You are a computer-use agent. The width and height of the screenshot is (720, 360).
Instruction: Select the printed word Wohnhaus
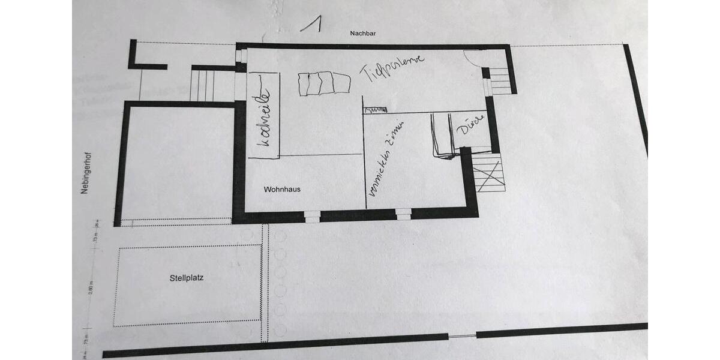point(282,190)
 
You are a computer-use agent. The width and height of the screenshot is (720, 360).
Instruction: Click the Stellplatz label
point(187,278)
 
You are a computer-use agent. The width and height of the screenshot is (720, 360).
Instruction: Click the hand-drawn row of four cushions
point(323,83)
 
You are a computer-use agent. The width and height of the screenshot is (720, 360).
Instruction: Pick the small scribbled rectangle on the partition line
point(376,109)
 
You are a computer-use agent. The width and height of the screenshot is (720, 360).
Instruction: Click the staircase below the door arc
point(499,80)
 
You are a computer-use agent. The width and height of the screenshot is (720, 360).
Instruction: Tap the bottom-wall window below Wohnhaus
point(312,215)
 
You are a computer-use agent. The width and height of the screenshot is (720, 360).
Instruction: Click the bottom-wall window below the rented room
point(404,213)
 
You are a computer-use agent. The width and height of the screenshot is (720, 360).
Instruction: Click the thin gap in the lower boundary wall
point(462,334)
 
